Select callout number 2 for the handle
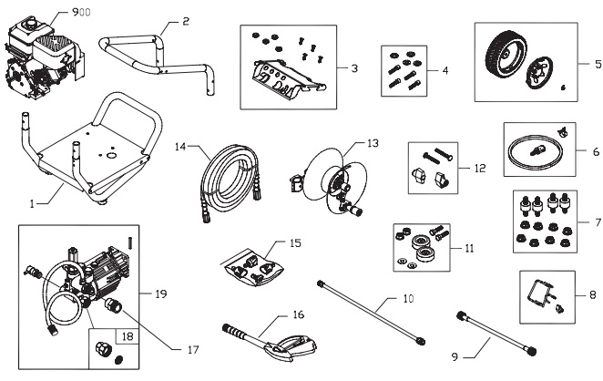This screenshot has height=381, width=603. click(185, 20)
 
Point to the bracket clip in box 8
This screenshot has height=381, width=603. click(539, 294)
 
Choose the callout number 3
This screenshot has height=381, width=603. click(353, 67)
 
